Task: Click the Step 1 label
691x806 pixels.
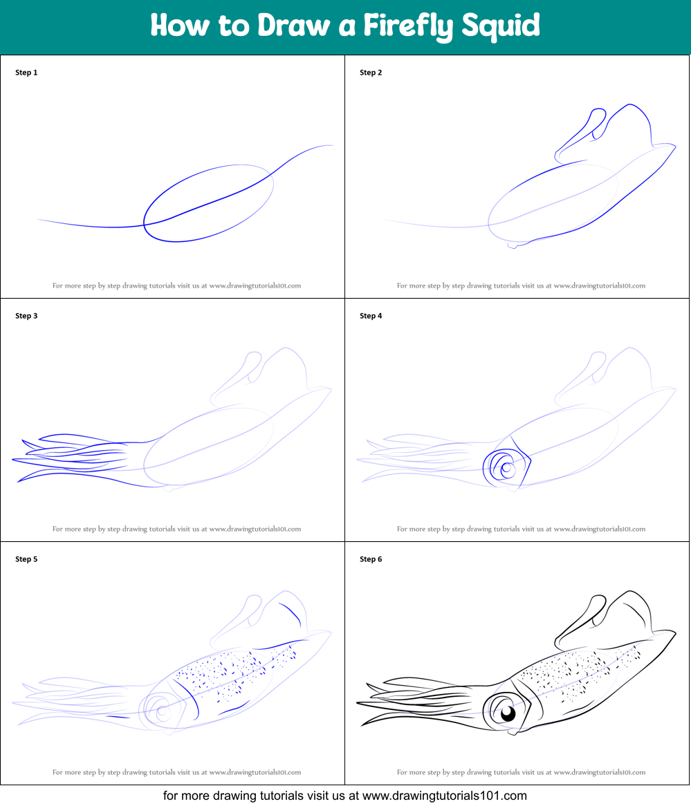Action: coord(26,73)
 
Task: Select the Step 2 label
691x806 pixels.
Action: coord(371,73)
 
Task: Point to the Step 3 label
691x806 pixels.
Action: coord(26,316)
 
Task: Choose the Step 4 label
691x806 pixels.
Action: coord(371,316)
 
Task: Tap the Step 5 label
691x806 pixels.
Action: coord(26,559)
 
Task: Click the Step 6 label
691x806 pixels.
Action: coord(371,559)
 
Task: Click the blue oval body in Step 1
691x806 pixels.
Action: coord(208,204)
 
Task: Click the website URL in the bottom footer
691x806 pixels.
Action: coord(444,796)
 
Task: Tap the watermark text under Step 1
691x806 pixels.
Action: coord(176,285)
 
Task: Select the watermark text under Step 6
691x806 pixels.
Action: coord(521,772)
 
